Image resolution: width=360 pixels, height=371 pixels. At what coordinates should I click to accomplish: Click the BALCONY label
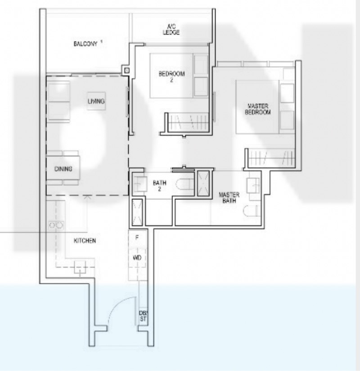tap(85, 44)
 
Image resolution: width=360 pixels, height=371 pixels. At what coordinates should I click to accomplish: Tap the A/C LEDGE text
tap(171, 30)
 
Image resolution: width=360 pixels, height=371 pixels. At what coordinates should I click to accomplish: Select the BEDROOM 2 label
tap(171, 77)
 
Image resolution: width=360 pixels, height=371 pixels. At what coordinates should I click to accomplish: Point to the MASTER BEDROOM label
tap(257, 109)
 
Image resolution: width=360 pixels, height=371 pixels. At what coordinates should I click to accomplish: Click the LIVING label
tap(96, 101)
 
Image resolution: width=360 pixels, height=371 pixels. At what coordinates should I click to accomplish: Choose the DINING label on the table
tap(63, 169)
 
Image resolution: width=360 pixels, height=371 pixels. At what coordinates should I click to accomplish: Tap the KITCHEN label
tap(85, 241)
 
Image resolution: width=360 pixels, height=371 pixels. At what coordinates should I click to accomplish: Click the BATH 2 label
tap(160, 186)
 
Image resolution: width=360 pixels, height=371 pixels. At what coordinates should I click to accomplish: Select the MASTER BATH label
tap(229, 198)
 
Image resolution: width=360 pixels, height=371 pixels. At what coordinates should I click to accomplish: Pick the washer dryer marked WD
tap(137, 258)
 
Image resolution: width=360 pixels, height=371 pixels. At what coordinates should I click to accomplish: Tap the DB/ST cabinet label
tap(143, 316)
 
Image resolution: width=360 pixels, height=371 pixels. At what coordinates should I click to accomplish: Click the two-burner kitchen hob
tap(56, 225)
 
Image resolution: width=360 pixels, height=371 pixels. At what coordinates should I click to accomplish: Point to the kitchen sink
tap(80, 267)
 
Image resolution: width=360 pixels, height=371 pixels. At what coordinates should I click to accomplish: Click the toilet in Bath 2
tap(185, 184)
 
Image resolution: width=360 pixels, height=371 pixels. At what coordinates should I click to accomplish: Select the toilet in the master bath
tap(251, 211)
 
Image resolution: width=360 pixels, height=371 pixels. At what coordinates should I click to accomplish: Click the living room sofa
tap(58, 102)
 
